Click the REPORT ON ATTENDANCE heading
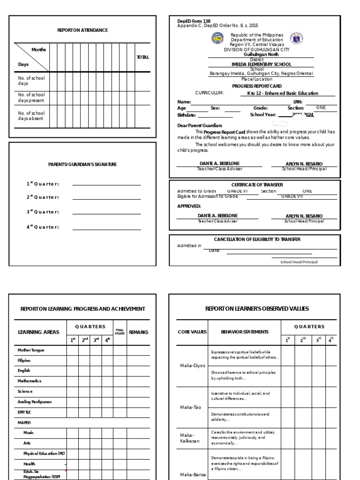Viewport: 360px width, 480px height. point(82,30)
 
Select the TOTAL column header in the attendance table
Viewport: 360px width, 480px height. point(142,57)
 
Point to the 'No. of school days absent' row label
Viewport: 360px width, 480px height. point(31,116)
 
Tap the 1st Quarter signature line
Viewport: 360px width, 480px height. point(106,184)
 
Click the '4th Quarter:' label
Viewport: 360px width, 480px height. point(43,227)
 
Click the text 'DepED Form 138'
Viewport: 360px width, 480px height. point(194,21)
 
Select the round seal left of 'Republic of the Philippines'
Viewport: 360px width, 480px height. point(218,38)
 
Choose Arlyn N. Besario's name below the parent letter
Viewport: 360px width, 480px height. point(304,164)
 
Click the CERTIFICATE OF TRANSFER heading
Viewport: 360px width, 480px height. point(257,185)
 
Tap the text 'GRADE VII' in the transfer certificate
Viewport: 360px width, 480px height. point(292,196)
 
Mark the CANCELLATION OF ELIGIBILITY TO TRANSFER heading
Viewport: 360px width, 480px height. point(257,239)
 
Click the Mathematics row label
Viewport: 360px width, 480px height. point(30,381)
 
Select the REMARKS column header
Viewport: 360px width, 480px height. point(138,332)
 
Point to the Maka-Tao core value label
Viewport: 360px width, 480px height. point(191,407)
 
